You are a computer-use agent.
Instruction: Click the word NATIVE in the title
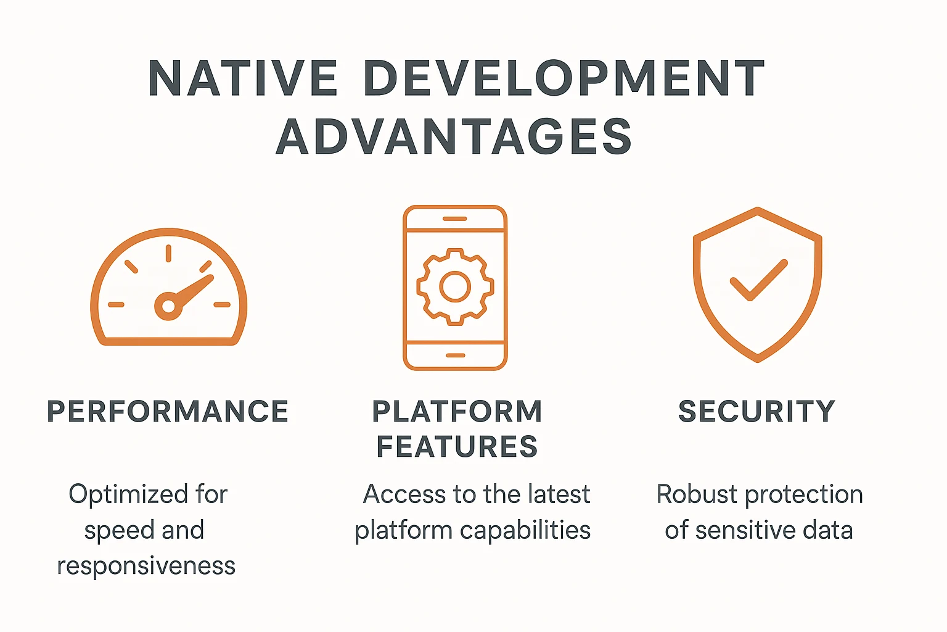[243, 78]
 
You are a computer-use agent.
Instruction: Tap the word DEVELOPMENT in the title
[564, 78]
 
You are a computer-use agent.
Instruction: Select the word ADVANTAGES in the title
[454, 136]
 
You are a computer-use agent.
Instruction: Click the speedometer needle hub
[168, 306]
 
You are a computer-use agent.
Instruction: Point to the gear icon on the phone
[455, 286]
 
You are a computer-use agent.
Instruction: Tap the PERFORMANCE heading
[168, 412]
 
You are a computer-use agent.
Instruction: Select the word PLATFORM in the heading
[457, 412]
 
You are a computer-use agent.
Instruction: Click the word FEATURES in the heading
[457, 447]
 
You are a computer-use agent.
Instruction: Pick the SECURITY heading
[756, 412]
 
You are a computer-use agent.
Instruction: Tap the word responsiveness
[146, 566]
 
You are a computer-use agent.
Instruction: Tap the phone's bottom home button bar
[455, 355]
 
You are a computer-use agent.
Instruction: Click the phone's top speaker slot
[455, 218]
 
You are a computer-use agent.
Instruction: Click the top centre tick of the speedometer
[168, 253]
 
